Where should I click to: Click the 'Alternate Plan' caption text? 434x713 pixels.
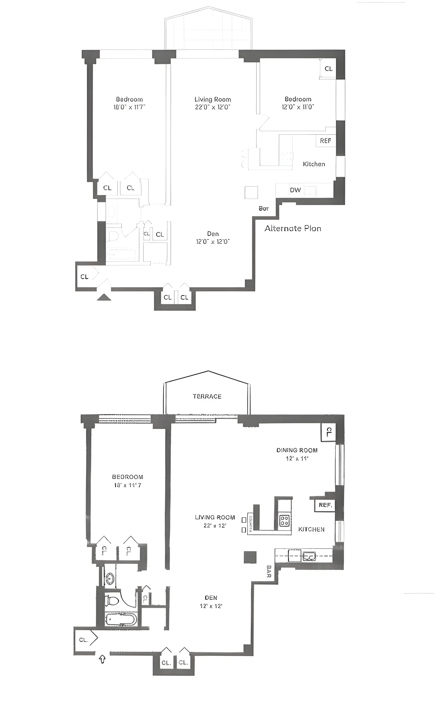click(293, 229)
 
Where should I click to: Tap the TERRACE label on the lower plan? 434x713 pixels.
click(207, 396)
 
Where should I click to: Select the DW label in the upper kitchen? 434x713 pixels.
click(295, 190)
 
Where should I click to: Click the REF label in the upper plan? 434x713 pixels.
click(325, 141)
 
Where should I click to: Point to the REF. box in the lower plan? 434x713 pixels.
click(325, 505)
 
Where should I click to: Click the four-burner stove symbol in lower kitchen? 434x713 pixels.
click(284, 521)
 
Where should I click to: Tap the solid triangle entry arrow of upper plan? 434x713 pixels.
click(104, 297)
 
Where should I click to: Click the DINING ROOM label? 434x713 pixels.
click(297, 450)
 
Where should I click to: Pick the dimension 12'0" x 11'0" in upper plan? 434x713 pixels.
click(298, 107)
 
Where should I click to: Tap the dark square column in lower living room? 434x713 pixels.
click(250, 557)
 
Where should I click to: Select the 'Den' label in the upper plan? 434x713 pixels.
click(213, 234)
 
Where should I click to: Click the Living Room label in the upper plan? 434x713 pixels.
click(212, 99)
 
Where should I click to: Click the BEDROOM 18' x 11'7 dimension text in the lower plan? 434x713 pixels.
click(127, 485)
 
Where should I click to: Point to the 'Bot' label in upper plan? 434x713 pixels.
click(263, 208)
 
